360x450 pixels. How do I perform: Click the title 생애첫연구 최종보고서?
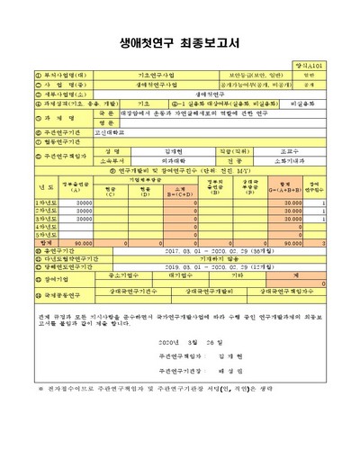[180, 40]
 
